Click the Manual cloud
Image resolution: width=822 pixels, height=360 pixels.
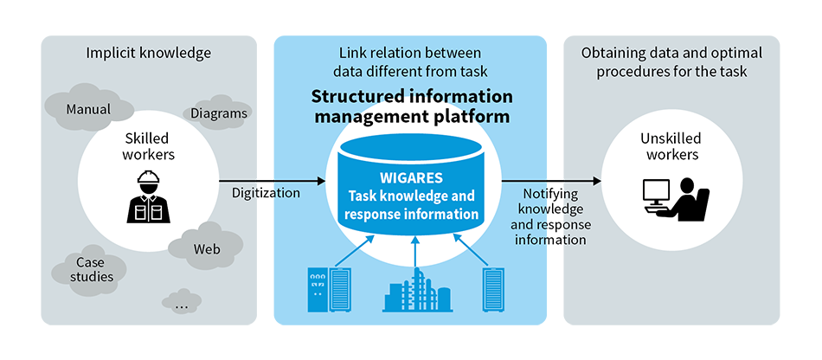88,107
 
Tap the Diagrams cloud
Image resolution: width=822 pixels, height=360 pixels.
218,112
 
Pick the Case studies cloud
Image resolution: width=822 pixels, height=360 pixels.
89,270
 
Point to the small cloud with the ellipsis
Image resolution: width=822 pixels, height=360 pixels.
182,302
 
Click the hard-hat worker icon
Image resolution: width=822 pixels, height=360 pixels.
148,197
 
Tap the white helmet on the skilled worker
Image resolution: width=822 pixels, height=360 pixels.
148,178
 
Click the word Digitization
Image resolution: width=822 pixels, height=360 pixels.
267,193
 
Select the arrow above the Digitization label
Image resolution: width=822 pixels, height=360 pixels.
273,182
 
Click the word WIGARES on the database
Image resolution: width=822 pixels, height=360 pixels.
412,177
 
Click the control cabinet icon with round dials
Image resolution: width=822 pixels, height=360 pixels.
318,290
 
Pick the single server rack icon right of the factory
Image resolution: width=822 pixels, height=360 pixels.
493,290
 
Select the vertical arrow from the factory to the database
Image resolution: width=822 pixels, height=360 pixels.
415,251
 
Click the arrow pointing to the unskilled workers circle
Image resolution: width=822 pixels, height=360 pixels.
551,182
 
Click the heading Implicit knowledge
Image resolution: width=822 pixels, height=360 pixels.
149,53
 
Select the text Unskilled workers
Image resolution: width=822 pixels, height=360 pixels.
671,146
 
